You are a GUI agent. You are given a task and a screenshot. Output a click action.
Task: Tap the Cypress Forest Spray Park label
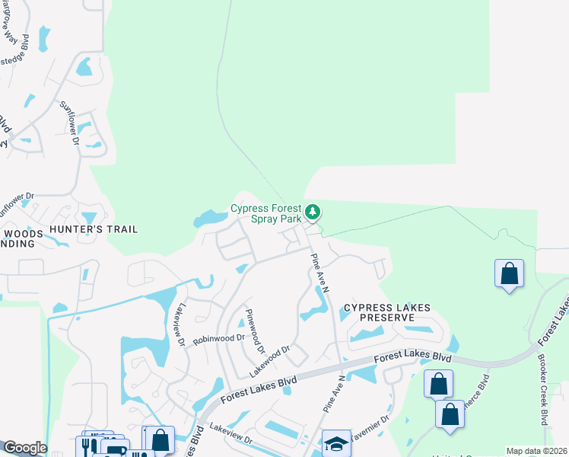(266, 213)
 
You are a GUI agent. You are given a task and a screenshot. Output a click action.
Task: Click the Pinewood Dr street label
(254, 332)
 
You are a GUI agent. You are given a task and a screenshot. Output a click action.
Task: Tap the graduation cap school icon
(336, 443)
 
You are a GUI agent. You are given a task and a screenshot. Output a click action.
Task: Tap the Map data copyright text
(537, 451)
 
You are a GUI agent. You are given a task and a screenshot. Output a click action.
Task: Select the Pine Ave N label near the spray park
(320, 273)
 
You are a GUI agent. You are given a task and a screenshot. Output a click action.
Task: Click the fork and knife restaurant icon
(86, 446)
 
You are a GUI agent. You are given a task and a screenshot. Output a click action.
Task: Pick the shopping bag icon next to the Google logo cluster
(160, 439)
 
